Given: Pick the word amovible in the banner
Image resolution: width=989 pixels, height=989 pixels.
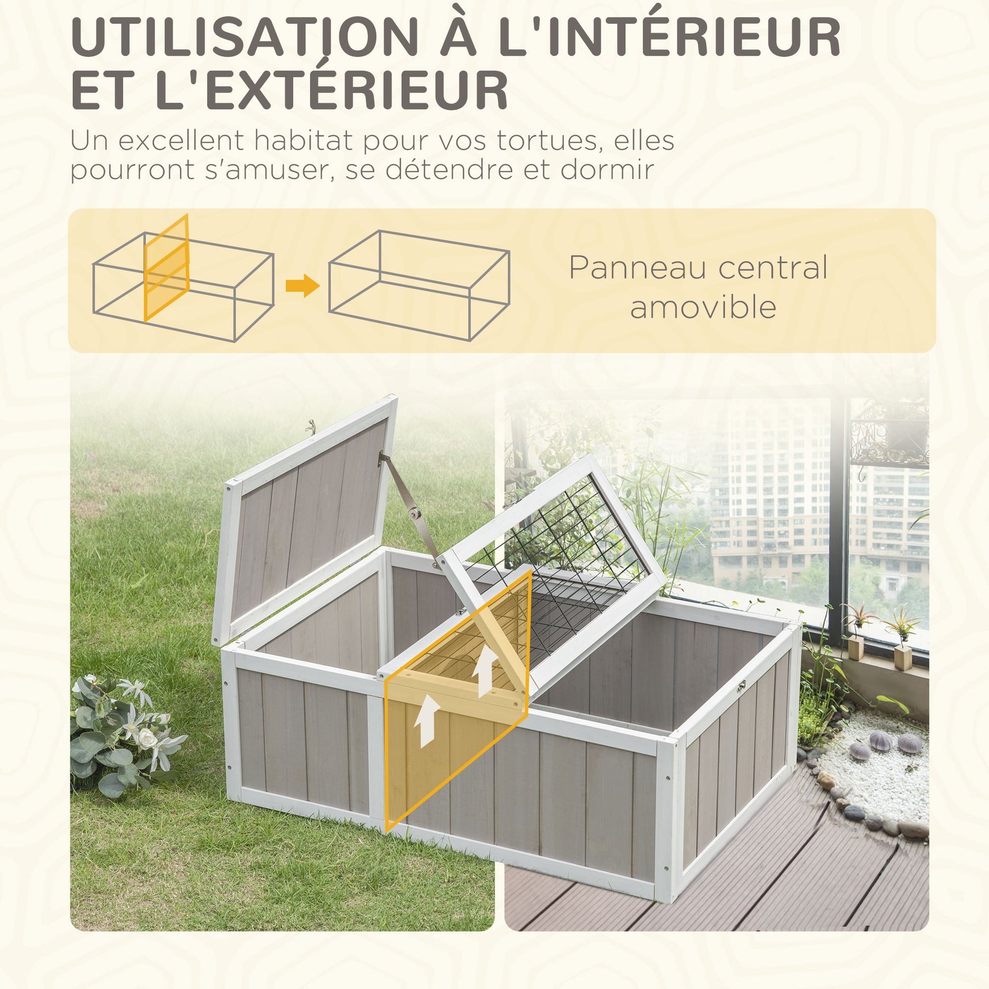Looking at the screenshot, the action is (x=703, y=307).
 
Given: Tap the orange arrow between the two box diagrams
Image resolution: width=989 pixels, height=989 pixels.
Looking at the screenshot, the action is (x=302, y=285).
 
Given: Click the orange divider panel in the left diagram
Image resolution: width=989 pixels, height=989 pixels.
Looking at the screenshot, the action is (x=166, y=268).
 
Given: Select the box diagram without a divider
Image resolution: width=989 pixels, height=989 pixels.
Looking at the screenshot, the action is (x=419, y=285).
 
